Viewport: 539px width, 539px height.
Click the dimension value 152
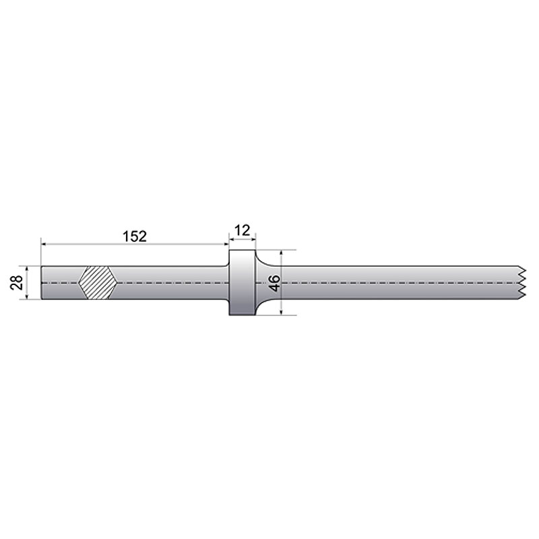coord(134,236)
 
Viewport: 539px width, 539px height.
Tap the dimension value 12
coord(243,230)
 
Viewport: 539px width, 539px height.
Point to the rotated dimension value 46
coord(274,283)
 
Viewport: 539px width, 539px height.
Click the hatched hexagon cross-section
coord(98,283)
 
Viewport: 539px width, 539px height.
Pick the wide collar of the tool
coord(242,283)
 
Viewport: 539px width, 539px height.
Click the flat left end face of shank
coord(42,283)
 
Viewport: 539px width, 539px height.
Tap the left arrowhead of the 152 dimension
coord(44,245)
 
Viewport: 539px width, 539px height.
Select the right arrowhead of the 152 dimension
coord(225,245)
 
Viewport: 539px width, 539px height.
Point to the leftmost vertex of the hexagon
coord(80,283)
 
